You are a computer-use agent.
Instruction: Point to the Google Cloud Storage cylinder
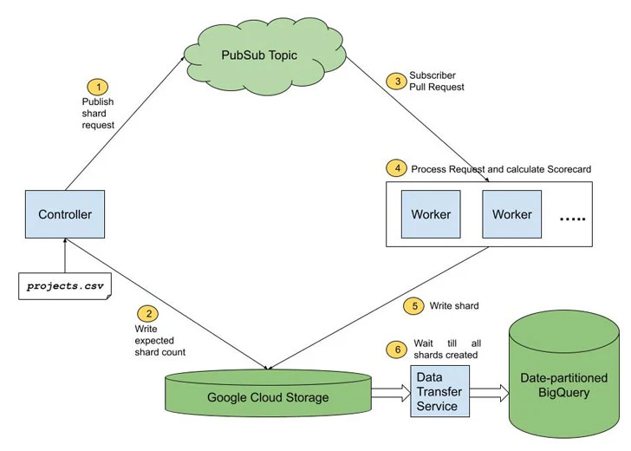(x=268, y=396)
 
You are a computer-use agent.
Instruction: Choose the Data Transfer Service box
(x=438, y=391)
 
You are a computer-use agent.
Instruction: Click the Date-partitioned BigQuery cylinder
(x=563, y=380)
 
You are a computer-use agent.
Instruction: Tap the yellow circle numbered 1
(x=97, y=88)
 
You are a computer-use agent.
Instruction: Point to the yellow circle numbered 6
(x=395, y=349)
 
